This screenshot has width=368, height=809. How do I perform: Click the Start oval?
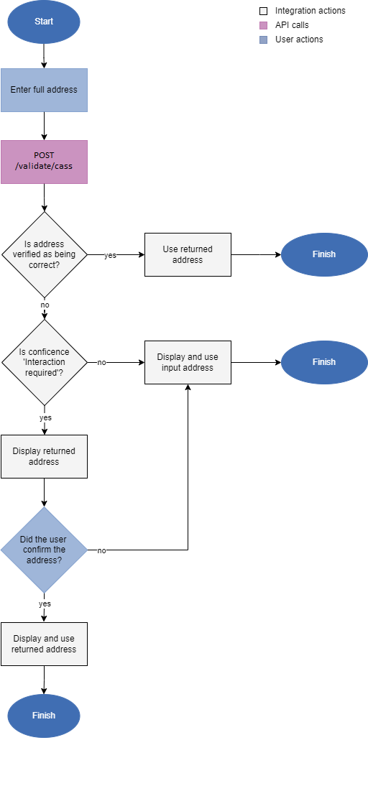coord(44,22)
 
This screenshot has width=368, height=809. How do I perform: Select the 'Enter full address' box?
coord(44,90)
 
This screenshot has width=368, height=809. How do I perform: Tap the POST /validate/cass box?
coord(44,162)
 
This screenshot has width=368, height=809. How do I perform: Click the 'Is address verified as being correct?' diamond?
coord(44,254)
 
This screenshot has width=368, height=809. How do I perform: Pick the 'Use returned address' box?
coord(188,254)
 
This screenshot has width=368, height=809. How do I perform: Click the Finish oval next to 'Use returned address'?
coord(323,254)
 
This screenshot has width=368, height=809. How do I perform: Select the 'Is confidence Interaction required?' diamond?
coord(44,362)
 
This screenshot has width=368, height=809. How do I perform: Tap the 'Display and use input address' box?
coord(188,362)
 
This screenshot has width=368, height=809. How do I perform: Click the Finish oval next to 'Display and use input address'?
coord(323,362)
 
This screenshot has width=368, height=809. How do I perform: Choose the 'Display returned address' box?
coord(44,456)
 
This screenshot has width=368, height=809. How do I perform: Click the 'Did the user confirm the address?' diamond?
coord(44,550)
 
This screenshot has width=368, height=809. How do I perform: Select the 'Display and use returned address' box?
coord(44,644)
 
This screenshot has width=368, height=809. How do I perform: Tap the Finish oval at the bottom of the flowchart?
coord(44,716)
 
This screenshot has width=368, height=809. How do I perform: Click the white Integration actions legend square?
coord(263,11)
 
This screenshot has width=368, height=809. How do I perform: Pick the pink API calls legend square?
coord(263,25)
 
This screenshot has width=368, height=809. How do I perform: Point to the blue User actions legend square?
coord(263,40)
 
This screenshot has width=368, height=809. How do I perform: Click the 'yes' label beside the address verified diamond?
coord(110,255)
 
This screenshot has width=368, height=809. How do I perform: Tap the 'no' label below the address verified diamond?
coord(45,305)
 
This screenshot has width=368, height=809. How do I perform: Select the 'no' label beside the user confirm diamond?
coord(101,550)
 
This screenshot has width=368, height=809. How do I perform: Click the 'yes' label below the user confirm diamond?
coord(45,604)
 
